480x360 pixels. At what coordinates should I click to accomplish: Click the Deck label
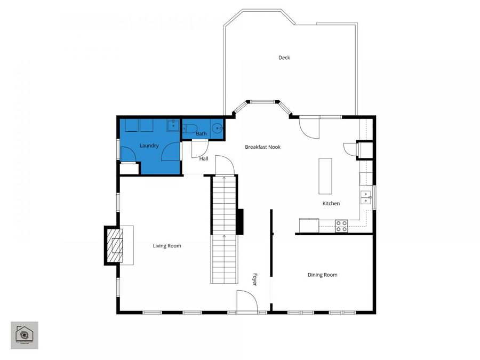point(284,58)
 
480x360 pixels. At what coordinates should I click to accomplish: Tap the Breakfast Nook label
point(262,147)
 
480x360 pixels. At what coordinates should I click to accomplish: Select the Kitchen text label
point(331,204)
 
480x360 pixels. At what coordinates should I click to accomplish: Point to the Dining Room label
point(322,275)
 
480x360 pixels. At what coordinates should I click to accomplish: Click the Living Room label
point(167,246)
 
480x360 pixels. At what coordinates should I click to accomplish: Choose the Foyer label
point(255,279)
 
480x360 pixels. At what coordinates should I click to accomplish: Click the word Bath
point(201,134)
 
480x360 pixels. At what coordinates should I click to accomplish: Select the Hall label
point(204,159)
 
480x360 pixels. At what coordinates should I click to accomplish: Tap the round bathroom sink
point(217,128)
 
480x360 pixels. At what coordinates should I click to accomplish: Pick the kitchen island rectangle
point(325,176)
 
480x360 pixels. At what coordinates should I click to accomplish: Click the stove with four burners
point(341,226)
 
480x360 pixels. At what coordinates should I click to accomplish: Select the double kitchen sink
point(366,197)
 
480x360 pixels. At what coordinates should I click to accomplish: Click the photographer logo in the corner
point(25,335)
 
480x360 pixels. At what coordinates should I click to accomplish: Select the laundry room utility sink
point(173,126)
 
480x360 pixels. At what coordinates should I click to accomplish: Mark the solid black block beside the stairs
point(240,221)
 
